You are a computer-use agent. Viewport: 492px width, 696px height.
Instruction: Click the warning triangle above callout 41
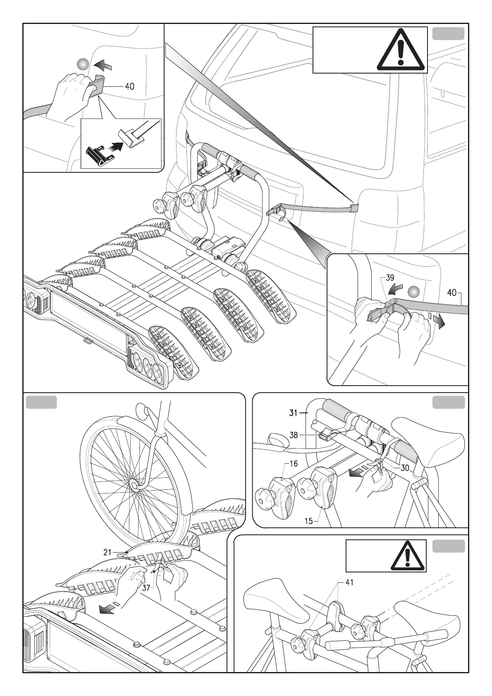408,556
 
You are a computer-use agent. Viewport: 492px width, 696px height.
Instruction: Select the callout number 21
107,552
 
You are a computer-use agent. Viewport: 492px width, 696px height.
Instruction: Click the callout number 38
294,435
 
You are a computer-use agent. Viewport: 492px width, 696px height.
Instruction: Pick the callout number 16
294,464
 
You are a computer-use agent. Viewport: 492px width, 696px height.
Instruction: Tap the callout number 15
308,521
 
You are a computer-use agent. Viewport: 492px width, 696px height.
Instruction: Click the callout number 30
405,468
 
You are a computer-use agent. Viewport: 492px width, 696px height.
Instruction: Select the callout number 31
294,412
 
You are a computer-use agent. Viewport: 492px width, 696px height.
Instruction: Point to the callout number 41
349,582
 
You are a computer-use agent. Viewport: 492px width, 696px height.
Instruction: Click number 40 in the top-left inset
129,86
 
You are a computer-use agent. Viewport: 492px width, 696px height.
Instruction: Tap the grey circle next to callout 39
414,292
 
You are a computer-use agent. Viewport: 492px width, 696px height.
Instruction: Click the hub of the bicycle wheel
135,484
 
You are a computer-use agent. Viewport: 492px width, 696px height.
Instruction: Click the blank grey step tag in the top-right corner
448,33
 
